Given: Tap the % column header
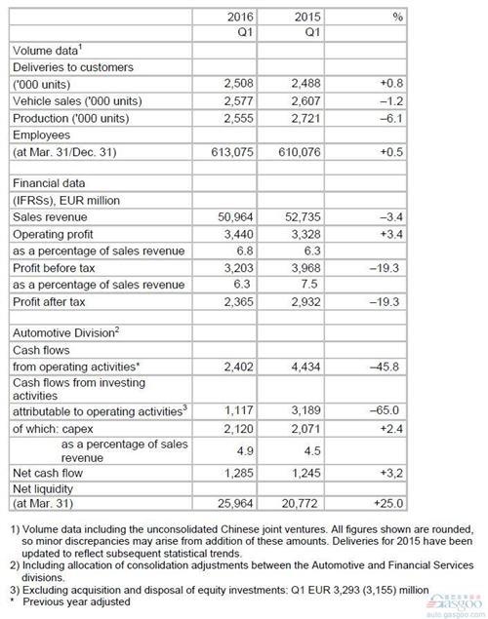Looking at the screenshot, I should (396, 17).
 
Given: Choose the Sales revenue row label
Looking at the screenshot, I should (50, 216).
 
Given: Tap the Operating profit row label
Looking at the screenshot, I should (53, 234).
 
